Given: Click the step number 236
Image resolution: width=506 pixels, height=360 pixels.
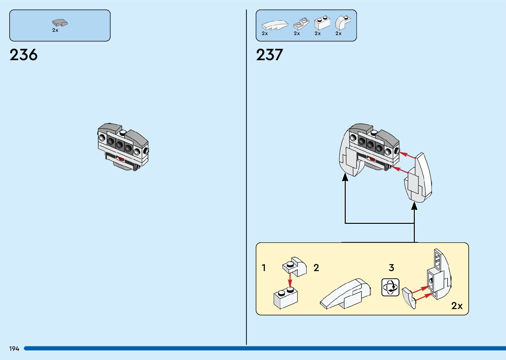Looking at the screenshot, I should pyautogui.click(x=23, y=55).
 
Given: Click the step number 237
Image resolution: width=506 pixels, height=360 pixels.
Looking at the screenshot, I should pyautogui.click(x=269, y=55).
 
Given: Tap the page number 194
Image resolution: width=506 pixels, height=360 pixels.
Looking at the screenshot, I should pyautogui.click(x=14, y=348).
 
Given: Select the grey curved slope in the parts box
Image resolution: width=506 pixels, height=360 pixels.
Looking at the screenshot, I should pyautogui.click(x=60, y=23).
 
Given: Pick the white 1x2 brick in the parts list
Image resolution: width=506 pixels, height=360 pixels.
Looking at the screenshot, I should pyautogui.click(x=322, y=23).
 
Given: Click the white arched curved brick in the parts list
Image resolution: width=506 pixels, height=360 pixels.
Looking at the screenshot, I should pyautogui.click(x=342, y=22).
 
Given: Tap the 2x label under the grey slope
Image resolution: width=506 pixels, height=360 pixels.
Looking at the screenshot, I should pyautogui.click(x=55, y=30).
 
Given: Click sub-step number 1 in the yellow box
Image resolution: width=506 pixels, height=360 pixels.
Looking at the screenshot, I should pyautogui.click(x=264, y=267).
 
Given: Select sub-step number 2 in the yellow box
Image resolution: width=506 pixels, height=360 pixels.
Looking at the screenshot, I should pyautogui.click(x=316, y=267).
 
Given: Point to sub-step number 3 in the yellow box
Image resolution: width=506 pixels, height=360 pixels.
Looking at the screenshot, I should pyautogui.click(x=391, y=267).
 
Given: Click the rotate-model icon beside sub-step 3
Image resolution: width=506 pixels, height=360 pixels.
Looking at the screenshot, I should pyautogui.click(x=390, y=287).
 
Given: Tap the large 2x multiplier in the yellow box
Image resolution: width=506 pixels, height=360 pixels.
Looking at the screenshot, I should pyautogui.click(x=457, y=306).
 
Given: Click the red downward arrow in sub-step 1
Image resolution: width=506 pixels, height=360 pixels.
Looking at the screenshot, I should pyautogui.click(x=290, y=281).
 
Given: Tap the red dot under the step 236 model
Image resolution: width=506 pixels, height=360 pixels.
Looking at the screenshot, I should pyautogui.click(x=121, y=159).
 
